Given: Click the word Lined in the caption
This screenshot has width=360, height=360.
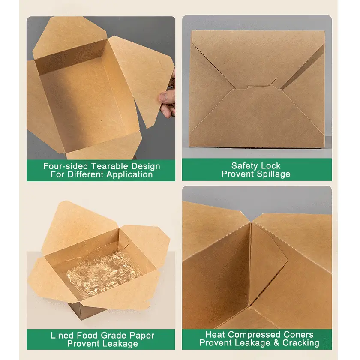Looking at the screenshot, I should [x=62, y=335].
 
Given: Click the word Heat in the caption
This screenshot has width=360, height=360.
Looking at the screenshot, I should [x=214, y=334].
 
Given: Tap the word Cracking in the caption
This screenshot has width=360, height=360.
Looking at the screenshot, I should [x=302, y=343].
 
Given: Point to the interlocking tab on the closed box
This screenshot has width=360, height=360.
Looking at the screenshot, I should [x=256, y=86].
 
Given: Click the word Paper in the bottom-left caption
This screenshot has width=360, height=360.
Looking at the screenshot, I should [x=142, y=335].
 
